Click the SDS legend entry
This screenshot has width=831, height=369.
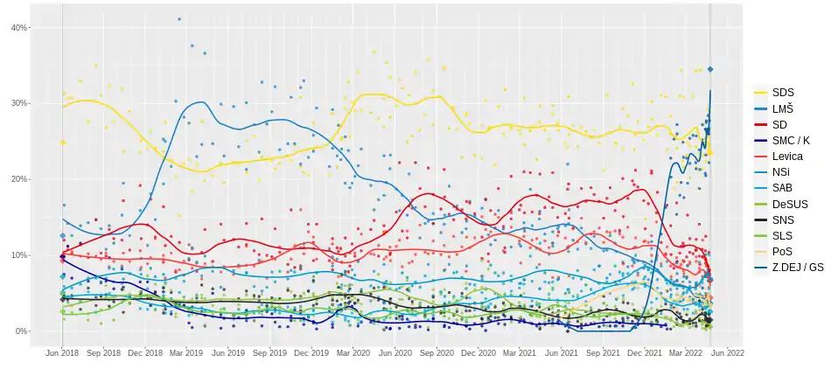click(x=783, y=92)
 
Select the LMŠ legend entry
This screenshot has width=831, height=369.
click(x=784, y=107)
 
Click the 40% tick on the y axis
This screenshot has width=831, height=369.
click(x=18, y=28)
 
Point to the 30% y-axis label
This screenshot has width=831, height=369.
click(x=18, y=103)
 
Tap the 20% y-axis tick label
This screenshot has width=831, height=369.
click(x=18, y=179)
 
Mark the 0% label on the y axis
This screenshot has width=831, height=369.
click(x=20, y=331)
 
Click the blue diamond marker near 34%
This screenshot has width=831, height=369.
click(x=711, y=69)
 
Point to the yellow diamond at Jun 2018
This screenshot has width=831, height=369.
click(x=63, y=142)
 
